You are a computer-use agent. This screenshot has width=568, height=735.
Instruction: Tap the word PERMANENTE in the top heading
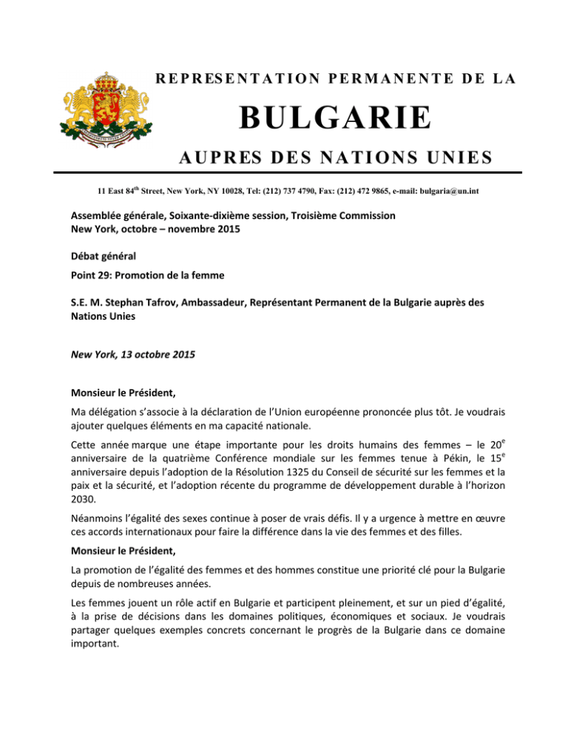[330, 78]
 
